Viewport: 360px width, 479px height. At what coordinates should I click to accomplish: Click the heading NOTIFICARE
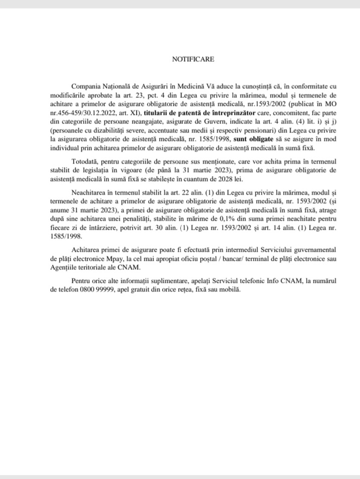(x=193, y=59)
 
